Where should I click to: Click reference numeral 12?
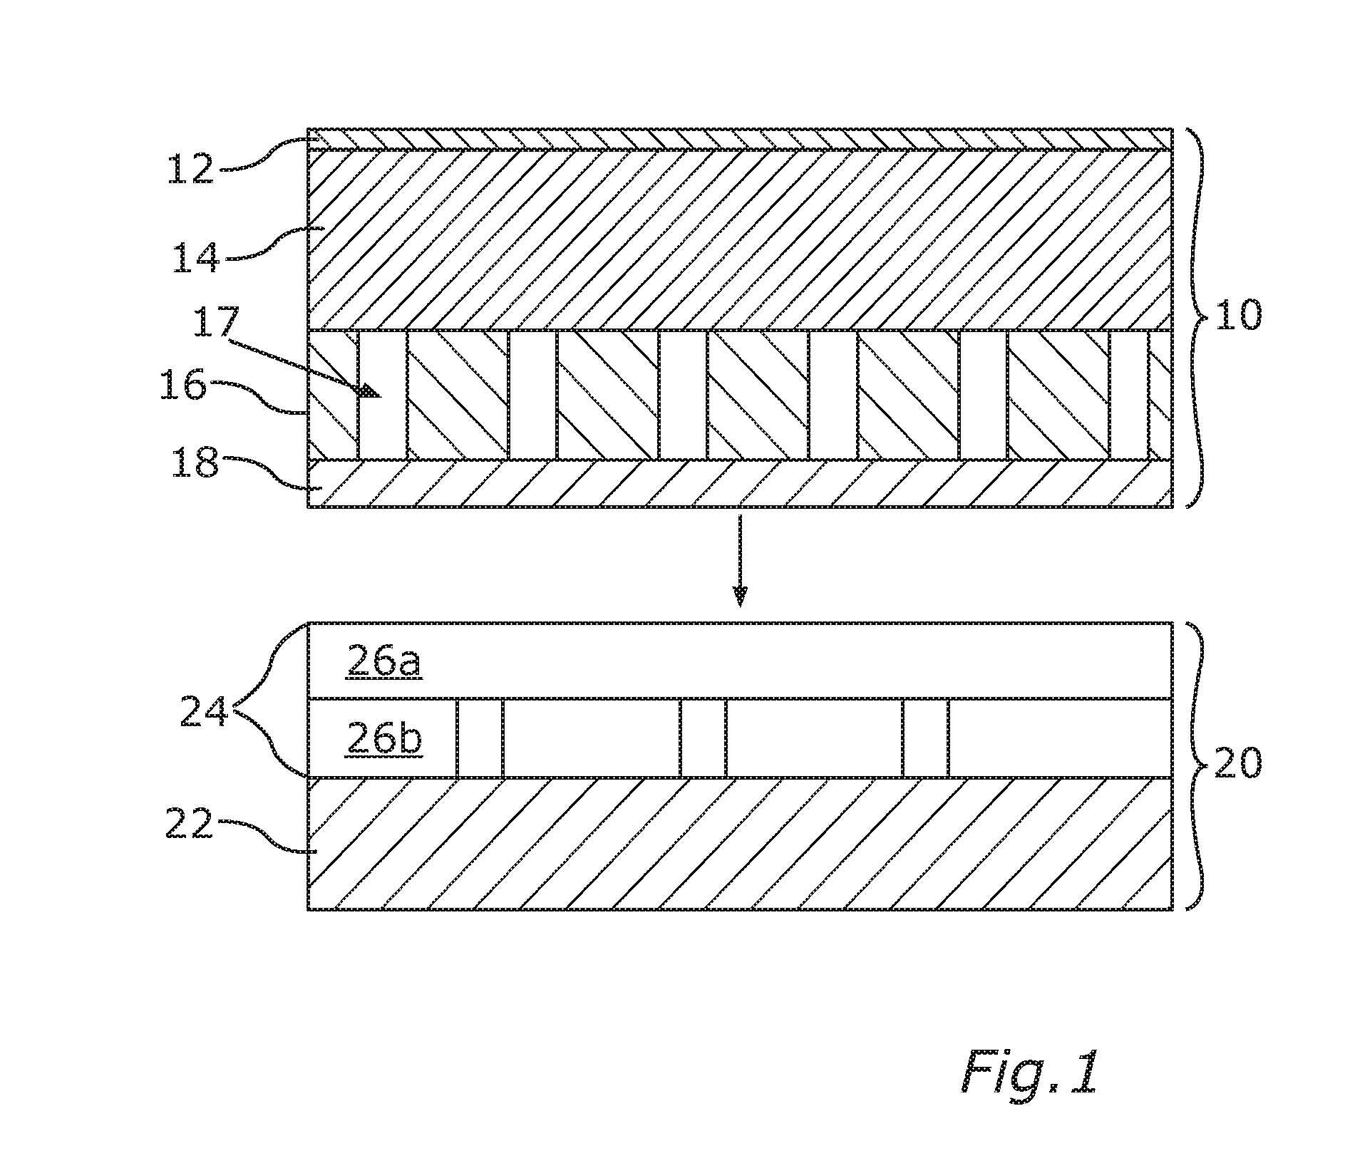pyautogui.click(x=190, y=168)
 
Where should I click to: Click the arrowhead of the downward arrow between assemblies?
pyautogui.click(x=741, y=595)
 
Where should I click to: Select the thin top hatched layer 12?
pyautogui.click(x=740, y=139)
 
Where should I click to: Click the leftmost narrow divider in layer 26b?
pyautogui.click(x=480, y=738)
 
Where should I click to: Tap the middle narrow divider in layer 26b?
pyautogui.click(x=703, y=738)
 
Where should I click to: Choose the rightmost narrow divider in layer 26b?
pyautogui.click(x=926, y=738)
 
